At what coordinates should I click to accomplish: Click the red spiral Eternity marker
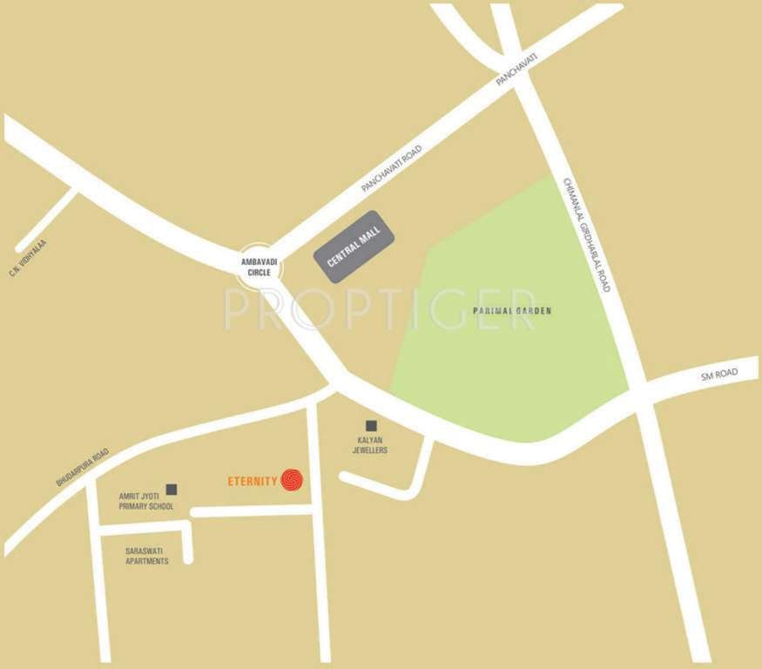[293, 480]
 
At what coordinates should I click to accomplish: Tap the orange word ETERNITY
[252, 480]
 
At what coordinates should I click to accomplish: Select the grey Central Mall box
[354, 247]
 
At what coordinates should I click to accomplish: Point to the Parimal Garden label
[512, 311]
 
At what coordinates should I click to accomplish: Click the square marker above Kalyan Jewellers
[371, 426]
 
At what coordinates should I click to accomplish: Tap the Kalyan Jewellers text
[370, 445]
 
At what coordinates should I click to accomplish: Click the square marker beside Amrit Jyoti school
[172, 490]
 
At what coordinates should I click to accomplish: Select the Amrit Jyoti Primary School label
[146, 501]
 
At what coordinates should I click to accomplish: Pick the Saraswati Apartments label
[147, 556]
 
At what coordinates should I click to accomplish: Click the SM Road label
[718, 375]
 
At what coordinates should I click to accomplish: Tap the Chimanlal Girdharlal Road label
[586, 235]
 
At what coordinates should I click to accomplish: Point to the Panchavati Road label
[392, 168]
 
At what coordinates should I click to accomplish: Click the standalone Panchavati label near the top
[517, 68]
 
